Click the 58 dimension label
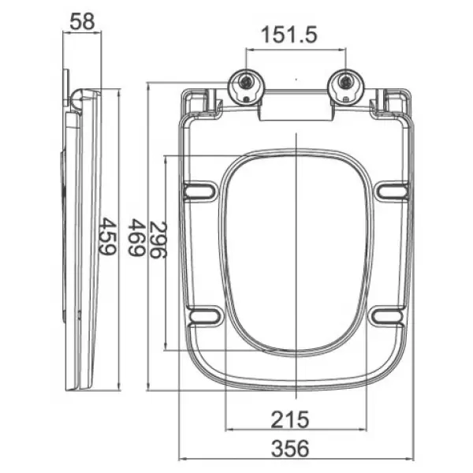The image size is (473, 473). point(82,21)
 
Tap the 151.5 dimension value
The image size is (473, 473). point(289,35)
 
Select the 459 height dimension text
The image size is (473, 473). point(107,236)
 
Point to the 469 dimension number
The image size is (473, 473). point(136,237)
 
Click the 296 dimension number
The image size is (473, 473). point(158,240)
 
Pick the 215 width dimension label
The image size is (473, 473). point(290,419)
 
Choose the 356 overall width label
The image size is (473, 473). point(290,449)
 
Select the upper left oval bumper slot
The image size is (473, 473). point(199,190)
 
